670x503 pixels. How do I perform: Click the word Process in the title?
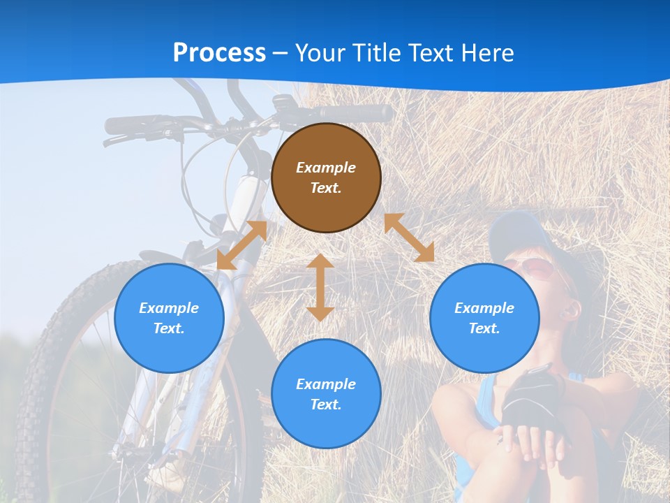point(219,53)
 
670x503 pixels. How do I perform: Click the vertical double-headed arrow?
point(320,287)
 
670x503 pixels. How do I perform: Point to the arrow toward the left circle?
point(241,245)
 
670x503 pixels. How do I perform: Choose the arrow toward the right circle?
point(410,238)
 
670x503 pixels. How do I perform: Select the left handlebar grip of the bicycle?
point(129,125)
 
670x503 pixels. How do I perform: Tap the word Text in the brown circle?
point(326,188)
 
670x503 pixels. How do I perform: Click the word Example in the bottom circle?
point(326,384)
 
